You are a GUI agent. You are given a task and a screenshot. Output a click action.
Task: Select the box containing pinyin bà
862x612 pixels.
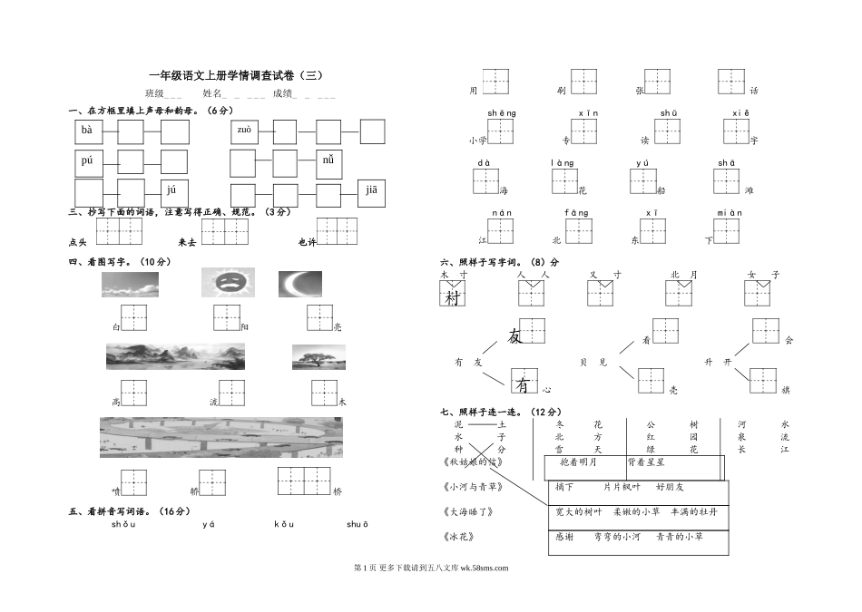(x=88, y=132)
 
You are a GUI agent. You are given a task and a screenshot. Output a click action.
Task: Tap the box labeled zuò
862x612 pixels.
(x=245, y=132)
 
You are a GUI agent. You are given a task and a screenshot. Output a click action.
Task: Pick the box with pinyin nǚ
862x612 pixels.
(x=330, y=163)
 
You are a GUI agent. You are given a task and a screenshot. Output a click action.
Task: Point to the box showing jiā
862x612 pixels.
(x=372, y=191)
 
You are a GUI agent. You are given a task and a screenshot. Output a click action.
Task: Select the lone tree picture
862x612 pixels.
(x=318, y=357)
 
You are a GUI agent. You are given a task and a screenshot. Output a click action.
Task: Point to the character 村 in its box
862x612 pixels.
(x=452, y=296)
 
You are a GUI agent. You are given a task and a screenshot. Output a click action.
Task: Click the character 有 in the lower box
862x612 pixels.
(x=524, y=385)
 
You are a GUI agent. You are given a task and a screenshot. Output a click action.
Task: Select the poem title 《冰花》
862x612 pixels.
(x=466, y=537)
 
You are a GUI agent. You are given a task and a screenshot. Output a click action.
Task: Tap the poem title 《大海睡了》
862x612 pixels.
(x=470, y=511)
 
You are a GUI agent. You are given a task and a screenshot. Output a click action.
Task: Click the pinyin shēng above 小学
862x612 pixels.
(x=501, y=112)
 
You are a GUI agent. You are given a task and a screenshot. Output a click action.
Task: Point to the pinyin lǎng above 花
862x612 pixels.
(x=563, y=163)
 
